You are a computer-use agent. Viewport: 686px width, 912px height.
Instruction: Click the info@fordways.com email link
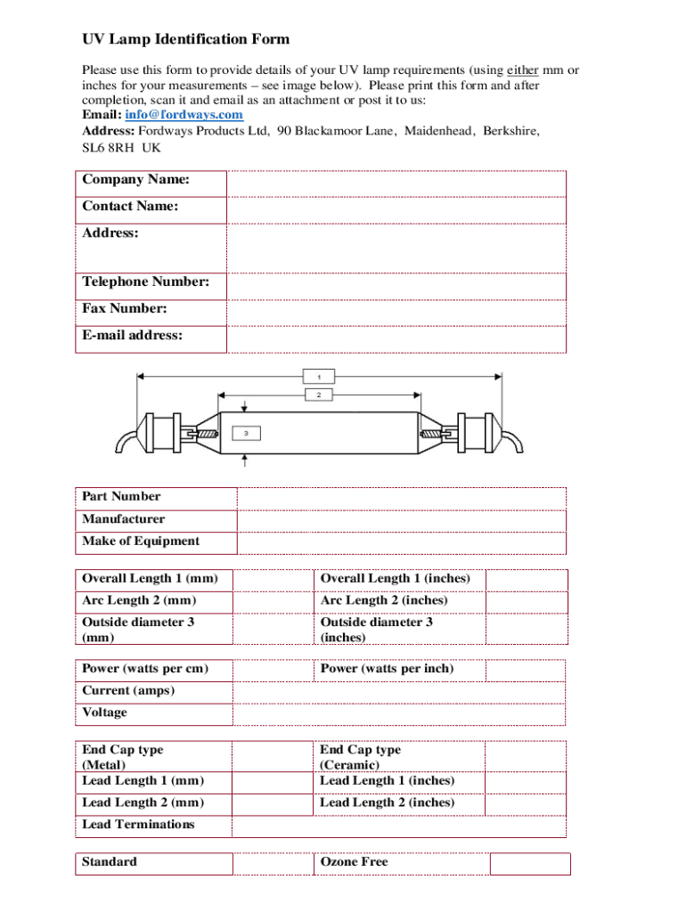click(x=184, y=115)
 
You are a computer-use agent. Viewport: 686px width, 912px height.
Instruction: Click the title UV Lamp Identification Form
click(x=185, y=39)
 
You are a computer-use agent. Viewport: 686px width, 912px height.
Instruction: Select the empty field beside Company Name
click(x=396, y=183)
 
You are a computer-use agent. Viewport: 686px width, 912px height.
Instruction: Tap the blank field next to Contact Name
click(x=396, y=210)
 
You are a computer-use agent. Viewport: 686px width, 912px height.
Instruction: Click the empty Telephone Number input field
click(x=396, y=286)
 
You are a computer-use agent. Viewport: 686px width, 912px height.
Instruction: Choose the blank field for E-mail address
click(x=396, y=339)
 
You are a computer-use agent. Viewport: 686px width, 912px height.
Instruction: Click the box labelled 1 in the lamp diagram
click(x=319, y=375)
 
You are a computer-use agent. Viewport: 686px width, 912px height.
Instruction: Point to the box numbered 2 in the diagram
click(x=319, y=395)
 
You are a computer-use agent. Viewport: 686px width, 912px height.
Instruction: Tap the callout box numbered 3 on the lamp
click(x=247, y=434)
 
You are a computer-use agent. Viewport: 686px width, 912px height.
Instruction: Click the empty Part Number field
click(x=401, y=498)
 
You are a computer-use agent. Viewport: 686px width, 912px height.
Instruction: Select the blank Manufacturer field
click(x=401, y=520)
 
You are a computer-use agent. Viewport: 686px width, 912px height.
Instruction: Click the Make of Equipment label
click(x=141, y=541)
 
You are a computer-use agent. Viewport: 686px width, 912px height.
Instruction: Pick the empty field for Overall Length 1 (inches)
click(x=526, y=580)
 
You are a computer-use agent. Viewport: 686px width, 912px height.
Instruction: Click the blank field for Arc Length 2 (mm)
click(x=272, y=602)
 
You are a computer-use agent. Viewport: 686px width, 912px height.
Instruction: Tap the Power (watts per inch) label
click(x=387, y=669)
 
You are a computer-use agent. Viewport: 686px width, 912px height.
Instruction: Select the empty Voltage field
click(x=398, y=714)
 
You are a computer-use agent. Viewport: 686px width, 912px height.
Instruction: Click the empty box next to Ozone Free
click(x=530, y=864)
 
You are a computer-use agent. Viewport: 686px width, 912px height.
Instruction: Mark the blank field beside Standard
click(x=272, y=864)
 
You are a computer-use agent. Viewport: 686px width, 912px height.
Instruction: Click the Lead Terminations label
click(x=138, y=825)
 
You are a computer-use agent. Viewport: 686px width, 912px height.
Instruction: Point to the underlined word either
click(x=522, y=70)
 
